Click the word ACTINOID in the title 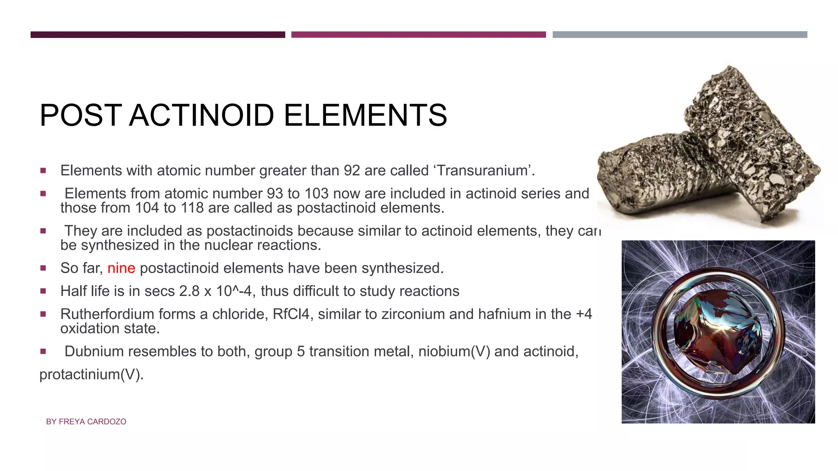click(x=201, y=115)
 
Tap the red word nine click(x=121, y=268)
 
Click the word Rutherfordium click(x=107, y=314)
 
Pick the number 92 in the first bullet click(x=351, y=170)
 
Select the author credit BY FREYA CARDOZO click(x=86, y=422)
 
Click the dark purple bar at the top click(x=158, y=35)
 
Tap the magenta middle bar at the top click(x=418, y=35)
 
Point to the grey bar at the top click(x=680, y=35)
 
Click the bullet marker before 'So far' click(x=43, y=268)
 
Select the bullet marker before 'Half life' click(x=43, y=291)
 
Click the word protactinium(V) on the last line click(x=91, y=375)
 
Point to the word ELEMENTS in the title click(x=365, y=115)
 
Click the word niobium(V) click(x=454, y=352)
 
